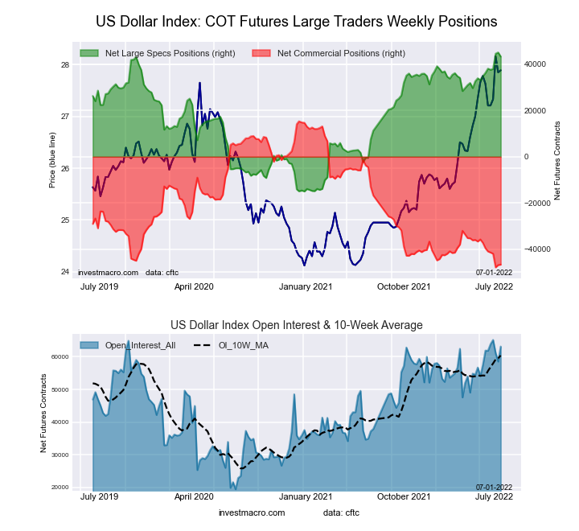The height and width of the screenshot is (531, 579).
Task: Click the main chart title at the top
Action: click(296, 21)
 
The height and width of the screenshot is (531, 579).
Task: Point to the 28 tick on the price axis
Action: click(65, 64)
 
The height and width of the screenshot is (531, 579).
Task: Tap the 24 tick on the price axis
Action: click(65, 272)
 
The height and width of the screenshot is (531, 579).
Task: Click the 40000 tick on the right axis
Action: click(536, 64)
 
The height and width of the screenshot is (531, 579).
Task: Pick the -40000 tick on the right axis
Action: click(536, 249)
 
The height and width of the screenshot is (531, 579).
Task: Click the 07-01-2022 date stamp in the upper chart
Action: click(494, 273)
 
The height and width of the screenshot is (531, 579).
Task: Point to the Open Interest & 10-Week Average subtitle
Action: click(296, 325)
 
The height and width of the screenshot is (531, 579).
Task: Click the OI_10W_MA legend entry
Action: click(241, 345)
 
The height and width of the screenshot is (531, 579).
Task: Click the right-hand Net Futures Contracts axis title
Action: click(557, 160)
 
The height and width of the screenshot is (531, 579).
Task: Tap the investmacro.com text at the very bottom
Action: click(251, 512)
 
